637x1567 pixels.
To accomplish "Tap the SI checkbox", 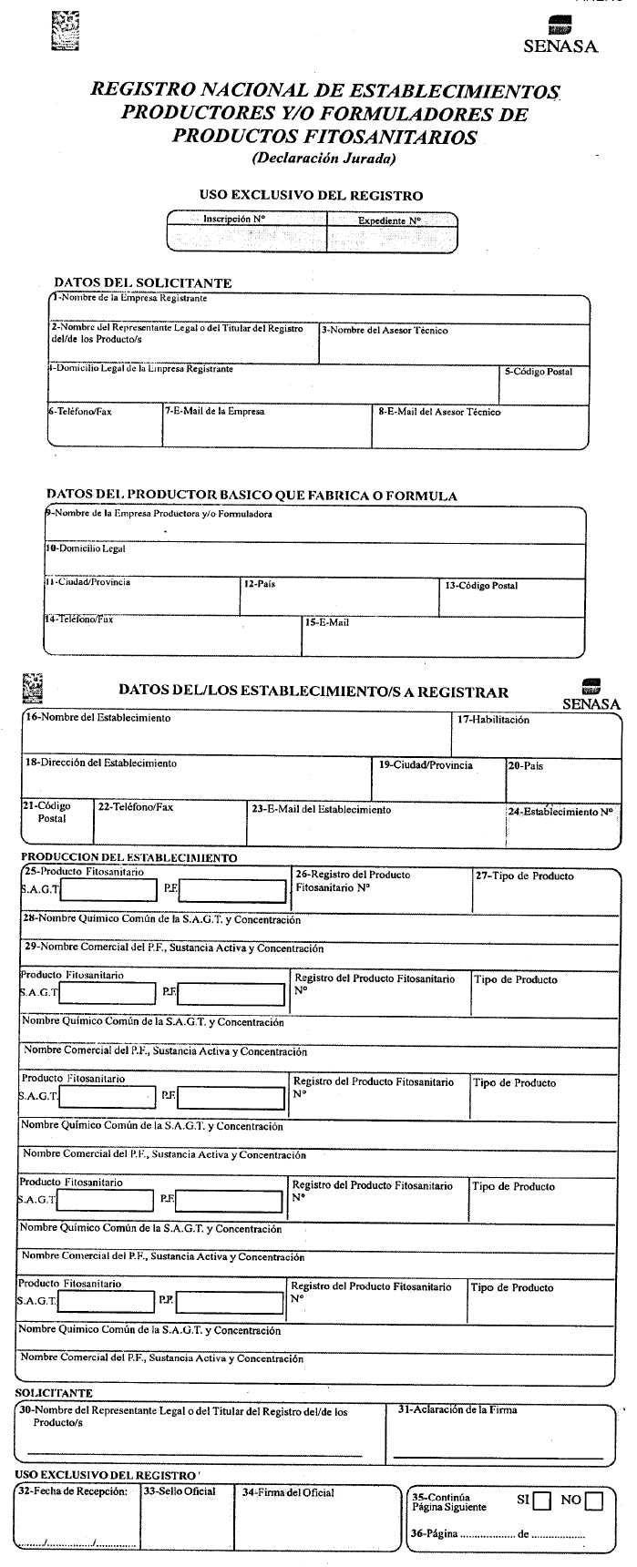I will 542,1500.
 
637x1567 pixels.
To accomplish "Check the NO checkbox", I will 594,1500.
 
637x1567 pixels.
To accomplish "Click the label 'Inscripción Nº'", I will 233,220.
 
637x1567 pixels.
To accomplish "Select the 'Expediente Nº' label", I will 389,220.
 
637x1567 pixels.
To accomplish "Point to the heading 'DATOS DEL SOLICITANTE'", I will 143,282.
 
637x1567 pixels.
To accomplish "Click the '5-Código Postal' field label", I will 539,372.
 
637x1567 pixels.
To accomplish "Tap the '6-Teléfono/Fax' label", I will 80,412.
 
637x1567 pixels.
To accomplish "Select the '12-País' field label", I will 259,583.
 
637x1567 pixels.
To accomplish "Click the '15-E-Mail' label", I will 327,622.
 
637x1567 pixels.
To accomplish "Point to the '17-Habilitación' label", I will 493,720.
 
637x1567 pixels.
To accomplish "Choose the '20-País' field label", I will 526,766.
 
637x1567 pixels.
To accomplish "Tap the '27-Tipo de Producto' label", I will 524,876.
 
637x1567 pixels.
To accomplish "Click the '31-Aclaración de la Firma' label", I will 457,1409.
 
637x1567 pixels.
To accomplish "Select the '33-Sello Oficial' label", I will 180,1491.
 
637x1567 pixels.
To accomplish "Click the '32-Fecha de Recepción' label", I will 73,1491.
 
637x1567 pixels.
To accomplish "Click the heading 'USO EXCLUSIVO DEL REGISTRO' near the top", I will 311,195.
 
